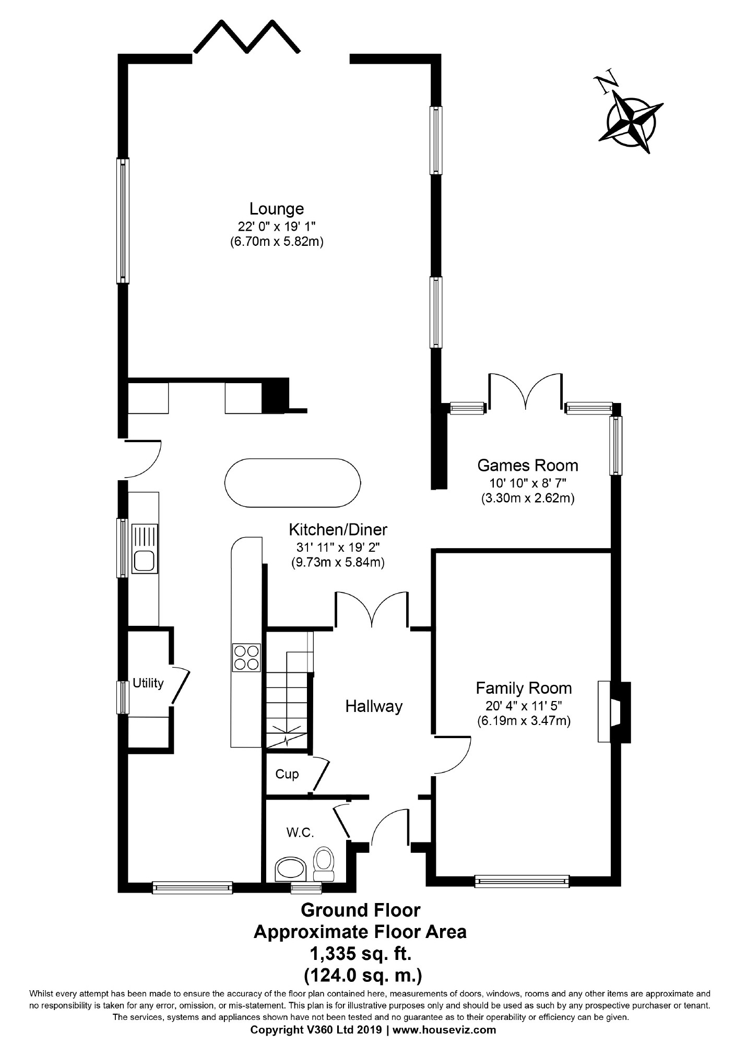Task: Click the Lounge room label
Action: point(276,209)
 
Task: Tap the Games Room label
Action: point(528,465)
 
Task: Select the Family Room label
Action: point(524,688)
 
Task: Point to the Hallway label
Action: point(374,706)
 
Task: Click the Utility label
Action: point(148,683)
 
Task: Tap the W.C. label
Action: point(300,833)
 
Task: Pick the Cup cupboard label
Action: point(287,774)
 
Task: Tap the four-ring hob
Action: point(246,657)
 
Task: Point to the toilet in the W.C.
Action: point(323,863)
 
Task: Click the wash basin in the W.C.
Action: point(291,869)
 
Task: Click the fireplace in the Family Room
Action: point(614,711)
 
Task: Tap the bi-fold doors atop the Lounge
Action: point(247,37)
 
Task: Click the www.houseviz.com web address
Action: point(444,1030)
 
